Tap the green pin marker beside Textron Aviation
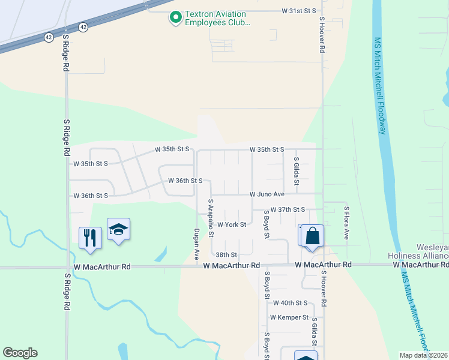pyautogui.click(x=176, y=18)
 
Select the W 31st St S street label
pyautogui.click(x=298, y=11)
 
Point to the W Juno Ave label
pyautogui.click(x=267, y=194)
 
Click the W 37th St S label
pyautogui.click(x=288, y=209)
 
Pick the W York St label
pyautogui.click(x=232, y=224)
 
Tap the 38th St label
pyautogui.click(x=227, y=255)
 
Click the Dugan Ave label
pyautogui.click(x=196, y=245)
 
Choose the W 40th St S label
pyautogui.click(x=290, y=303)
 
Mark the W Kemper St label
pyautogui.click(x=289, y=317)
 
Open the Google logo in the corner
pyautogui.click(x=20, y=353)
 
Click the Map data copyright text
pyautogui.click(x=424, y=355)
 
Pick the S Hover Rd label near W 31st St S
pyautogui.click(x=322, y=36)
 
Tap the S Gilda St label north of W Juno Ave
pyautogui.click(x=297, y=171)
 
